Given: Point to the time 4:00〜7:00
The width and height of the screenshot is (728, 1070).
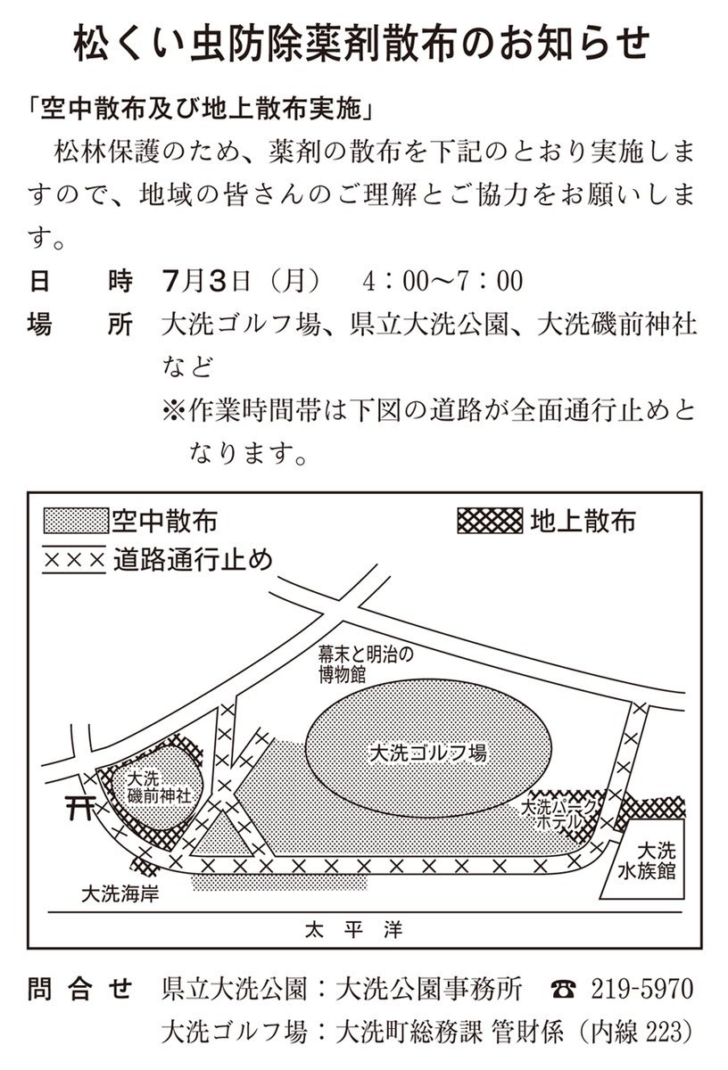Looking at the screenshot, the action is point(441,283).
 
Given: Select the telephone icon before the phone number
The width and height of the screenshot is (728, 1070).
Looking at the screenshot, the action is point(564,991).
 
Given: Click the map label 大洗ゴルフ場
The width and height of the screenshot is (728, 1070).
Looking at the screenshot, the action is point(426,753).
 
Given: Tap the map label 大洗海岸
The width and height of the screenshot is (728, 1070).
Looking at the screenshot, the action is point(120,892).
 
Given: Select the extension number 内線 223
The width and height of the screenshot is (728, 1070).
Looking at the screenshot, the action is point(637,1033).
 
